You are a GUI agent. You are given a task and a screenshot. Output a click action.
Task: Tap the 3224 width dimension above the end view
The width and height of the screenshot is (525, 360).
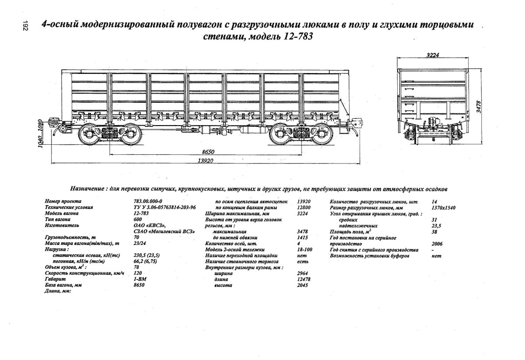click(432, 55)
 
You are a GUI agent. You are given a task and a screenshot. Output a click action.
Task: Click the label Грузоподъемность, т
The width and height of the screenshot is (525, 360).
click(67, 237)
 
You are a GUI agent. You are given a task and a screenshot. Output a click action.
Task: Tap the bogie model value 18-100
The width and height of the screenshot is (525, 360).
click(303, 249)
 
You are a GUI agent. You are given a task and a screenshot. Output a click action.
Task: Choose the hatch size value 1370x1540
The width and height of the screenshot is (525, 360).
click(443, 208)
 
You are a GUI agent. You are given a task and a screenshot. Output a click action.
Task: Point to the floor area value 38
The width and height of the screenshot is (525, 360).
click(434, 231)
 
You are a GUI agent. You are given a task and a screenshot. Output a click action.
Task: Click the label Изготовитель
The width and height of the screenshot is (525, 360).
click(62, 225)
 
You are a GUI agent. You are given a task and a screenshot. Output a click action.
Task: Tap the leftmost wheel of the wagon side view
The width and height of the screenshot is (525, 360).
click(89, 135)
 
